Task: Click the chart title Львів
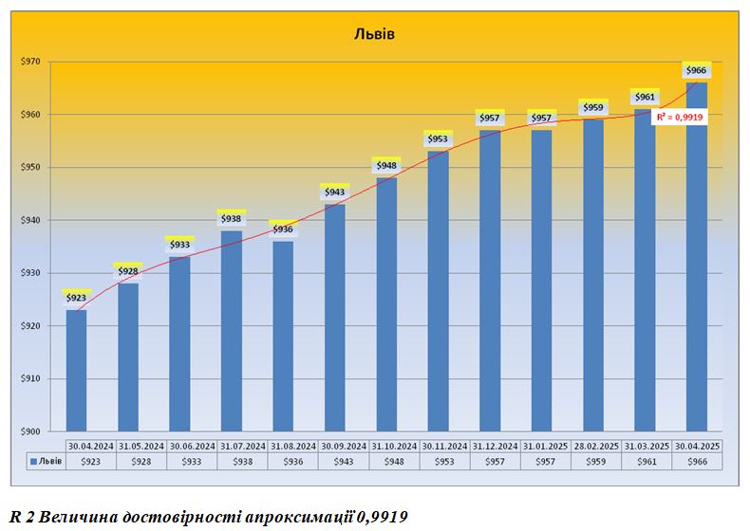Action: [x=374, y=35]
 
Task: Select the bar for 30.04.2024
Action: [x=76, y=370]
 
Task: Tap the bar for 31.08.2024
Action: [x=283, y=337]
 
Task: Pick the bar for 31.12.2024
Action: [x=490, y=281]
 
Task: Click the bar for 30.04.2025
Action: [x=697, y=256]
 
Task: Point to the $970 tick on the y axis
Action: [x=31, y=62]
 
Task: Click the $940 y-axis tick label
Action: [x=31, y=220]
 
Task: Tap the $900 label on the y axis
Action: [x=31, y=431]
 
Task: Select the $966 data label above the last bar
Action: [x=697, y=71]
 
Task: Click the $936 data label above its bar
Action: [x=283, y=229]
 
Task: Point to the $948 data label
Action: [x=386, y=166]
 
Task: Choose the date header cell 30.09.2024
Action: [x=334, y=445]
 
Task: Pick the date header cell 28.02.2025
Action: [x=593, y=445]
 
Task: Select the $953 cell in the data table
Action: [x=438, y=461]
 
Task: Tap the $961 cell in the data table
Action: [x=645, y=461]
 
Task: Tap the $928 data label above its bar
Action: [x=128, y=271]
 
